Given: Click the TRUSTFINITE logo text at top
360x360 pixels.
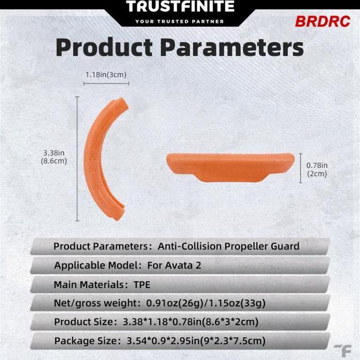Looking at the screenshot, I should [x=180, y=7].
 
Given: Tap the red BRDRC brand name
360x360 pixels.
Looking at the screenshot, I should [x=322, y=22].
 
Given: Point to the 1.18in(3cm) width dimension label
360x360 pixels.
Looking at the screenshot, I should [x=106, y=75].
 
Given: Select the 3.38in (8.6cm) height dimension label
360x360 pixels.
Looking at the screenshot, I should [x=55, y=157].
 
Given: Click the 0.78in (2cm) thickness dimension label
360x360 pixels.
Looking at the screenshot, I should [x=317, y=169].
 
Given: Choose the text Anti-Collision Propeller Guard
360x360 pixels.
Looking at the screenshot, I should [x=228, y=246].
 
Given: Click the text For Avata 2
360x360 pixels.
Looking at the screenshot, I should [x=175, y=265].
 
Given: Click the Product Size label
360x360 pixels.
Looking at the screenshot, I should [x=83, y=322].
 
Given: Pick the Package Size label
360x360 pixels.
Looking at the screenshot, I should [x=87, y=341].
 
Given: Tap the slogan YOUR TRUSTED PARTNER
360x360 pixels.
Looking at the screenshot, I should [x=179, y=21].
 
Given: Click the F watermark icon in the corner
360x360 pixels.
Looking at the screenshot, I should [x=342, y=350].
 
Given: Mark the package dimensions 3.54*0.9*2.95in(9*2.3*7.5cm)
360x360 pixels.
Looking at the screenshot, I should [x=196, y=341].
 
